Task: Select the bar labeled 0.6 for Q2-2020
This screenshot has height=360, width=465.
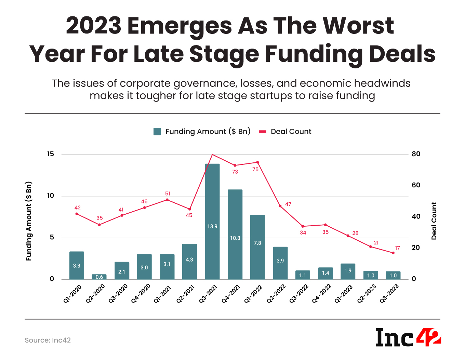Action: (99, 277)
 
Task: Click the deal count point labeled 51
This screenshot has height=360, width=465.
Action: (167, 200)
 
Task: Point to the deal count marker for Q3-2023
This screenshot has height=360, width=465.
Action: (393, 253)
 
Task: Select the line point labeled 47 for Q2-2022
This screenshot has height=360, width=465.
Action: (280, 206)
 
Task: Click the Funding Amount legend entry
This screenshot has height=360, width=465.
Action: (202, 132)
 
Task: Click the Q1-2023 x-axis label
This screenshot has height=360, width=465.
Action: (344, 293)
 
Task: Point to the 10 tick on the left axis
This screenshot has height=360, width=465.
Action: (51, 196)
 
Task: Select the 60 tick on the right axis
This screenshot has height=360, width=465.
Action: (416, 185)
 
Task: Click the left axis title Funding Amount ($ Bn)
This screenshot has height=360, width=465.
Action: (29, 221)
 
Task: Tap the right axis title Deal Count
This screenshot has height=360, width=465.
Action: (434, 221)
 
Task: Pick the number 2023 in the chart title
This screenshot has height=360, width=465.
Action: (93, 26)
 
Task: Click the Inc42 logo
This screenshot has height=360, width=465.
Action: (408, 337)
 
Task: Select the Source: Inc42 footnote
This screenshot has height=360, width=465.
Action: (48, 340)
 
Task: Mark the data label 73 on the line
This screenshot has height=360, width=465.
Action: (235, 172)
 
